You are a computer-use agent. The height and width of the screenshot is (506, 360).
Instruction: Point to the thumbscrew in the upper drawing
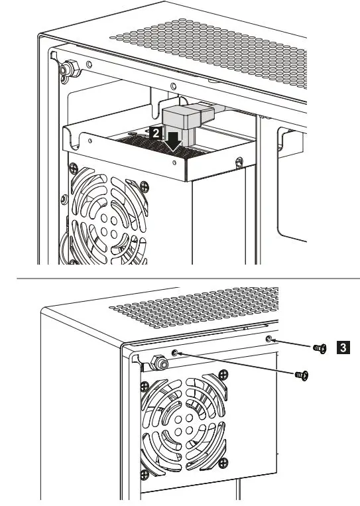pyautogui.click(x=67, y=68)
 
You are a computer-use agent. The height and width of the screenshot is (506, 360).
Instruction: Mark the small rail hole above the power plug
pyautogui.click(x=172, y=86)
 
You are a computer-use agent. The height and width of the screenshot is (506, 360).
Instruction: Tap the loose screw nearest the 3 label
pyautogui.click(x=320, y=349)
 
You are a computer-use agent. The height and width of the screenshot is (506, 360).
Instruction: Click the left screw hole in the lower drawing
pyautogui.click(x=175, y=352)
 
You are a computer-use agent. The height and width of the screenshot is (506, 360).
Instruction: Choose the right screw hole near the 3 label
pyautogui.click(x=269, y=340)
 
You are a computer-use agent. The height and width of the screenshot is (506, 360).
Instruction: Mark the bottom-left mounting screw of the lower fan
pyautogui.click(x=145, y=474)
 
